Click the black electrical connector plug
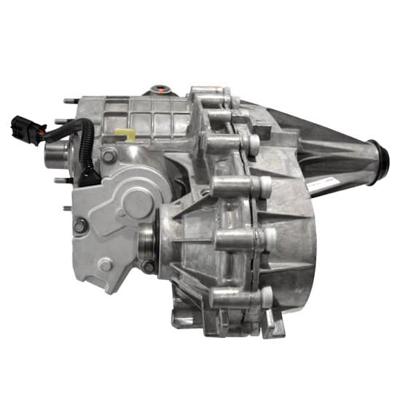point(23,129)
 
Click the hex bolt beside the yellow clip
point(109,155)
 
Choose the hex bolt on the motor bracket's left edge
point(79,227)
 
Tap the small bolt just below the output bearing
point(149,267)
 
